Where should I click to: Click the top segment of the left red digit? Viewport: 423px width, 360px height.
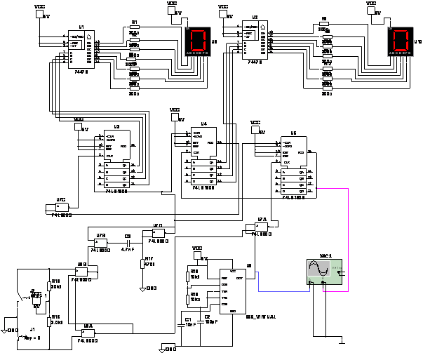pos(199,31)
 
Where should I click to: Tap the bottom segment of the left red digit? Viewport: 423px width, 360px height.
pos(197,49)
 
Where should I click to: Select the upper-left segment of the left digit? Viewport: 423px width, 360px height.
pos(192,36)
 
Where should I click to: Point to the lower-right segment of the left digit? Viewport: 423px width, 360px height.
pos(203,45)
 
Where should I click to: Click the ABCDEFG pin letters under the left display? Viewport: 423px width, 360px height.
pos(197,53)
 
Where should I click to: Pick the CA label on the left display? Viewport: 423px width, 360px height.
pos(187,29)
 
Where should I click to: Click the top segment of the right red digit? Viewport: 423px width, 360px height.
pos(401,31)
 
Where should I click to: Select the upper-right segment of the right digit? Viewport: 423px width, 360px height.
pos(408,36)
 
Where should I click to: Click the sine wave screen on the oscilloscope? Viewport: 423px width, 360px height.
pos(318,269)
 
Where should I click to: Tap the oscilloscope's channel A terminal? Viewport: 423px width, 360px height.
pos(310,283)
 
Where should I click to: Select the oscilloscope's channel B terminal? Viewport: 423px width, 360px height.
pos(323,283)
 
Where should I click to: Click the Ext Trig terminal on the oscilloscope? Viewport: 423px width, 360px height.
pos(340,273)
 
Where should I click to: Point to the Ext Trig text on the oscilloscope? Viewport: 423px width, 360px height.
pos(336,267)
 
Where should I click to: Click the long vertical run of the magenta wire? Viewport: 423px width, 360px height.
pos(348,239)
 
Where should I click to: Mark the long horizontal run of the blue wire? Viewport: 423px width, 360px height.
pos(284,291)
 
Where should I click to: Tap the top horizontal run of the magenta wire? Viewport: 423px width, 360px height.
pos(333,188)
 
